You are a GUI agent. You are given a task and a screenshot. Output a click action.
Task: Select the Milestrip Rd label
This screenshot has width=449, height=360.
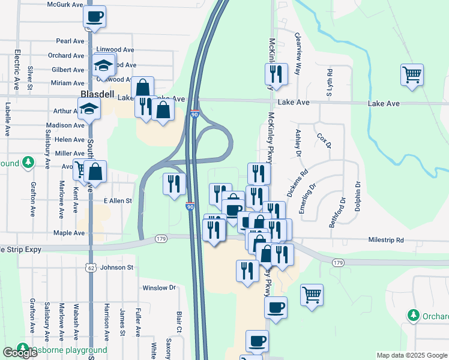point(387,241)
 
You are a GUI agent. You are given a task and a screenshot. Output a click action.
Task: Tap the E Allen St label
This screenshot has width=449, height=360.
point(117,201)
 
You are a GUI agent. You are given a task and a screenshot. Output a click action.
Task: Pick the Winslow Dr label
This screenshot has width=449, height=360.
point(158,287)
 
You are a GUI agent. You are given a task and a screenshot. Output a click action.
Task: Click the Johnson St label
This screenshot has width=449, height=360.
point(116,267)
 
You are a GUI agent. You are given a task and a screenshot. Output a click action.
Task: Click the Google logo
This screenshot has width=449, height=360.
point(19,353)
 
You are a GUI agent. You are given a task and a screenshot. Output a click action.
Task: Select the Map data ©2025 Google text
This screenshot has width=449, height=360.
point(411,355)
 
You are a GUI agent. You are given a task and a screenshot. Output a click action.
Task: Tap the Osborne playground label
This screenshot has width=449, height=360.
point(69,350)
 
